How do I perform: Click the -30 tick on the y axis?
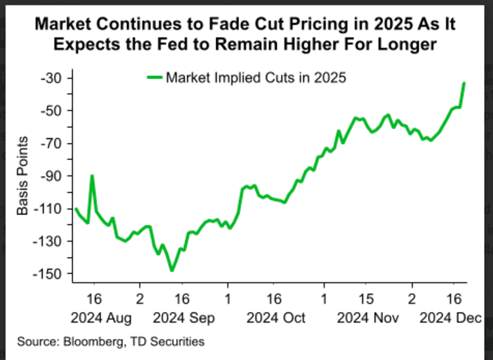48,78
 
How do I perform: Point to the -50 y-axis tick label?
48,111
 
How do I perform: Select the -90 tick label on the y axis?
48,176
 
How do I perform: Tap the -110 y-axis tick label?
46,209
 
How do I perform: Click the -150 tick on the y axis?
46,274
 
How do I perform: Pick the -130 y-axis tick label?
46,241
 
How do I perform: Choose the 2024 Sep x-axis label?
183,317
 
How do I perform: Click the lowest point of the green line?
171,271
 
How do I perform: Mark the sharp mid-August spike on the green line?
92,176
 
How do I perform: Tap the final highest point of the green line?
465,83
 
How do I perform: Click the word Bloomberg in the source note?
85,342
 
